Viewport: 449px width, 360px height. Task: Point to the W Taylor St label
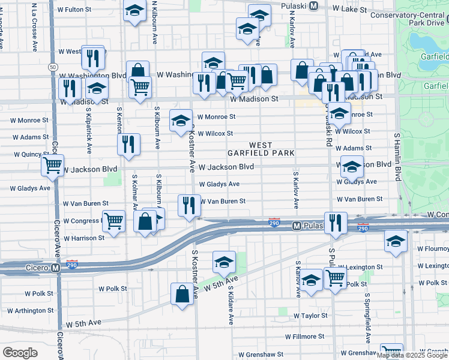(x=310, y=315)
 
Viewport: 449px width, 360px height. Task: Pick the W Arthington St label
(x=30, y=310)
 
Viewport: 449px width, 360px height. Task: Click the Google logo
(x=20, y=352)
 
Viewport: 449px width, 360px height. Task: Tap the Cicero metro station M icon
(x=55, y=268)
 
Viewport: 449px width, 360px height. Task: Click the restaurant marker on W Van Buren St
(x=189, y=205)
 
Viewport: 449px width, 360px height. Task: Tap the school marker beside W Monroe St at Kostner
(x=181, y=121)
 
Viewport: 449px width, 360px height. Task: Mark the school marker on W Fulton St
(x=135, y=10)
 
